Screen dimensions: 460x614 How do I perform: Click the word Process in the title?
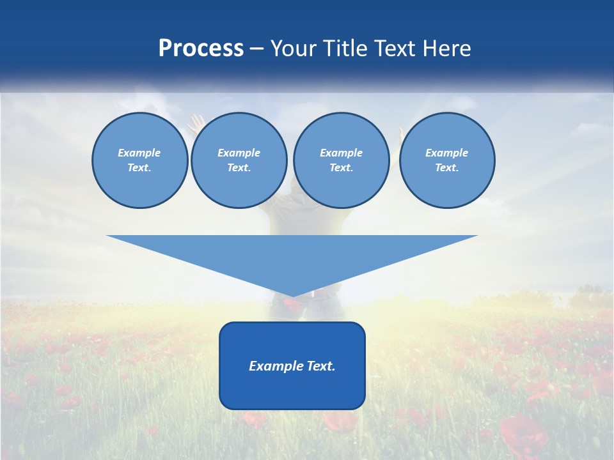point(201,49)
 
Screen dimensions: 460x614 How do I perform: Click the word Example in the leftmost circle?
point(139,153)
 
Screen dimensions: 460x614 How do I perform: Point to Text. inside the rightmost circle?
point(447,167)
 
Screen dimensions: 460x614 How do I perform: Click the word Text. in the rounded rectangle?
point(322,366)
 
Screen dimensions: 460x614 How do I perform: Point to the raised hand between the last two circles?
point(400,134)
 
